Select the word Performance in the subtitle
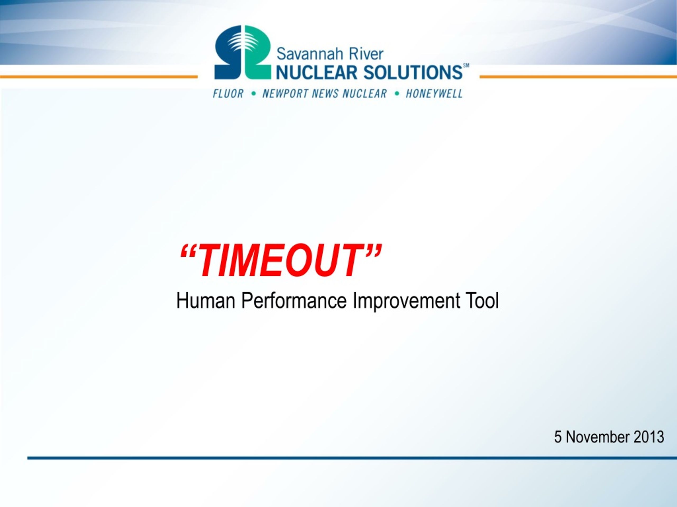click(294, 301)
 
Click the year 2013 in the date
click(648, 437)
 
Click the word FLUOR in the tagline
click(228, 93)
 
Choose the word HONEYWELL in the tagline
click(434, 93)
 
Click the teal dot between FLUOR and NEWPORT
click(253, 93)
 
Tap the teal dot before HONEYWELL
click(397, 93)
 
